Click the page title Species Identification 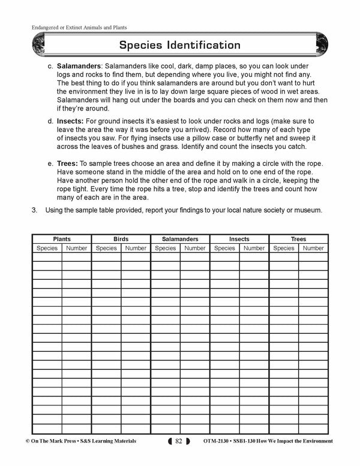click(179, 45)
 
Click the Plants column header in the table click(61, 239)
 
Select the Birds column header click(121, 239)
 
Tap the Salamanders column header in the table click(180, 239)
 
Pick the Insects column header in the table click(239, 239)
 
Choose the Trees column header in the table click(298, 239)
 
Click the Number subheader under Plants click(76, 248)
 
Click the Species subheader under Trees click(284, 248)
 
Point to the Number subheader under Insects click(254, 248)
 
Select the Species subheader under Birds click(106, 248)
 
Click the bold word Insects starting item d click(70, 121)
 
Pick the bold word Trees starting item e click(68, 163)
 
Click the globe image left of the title click(36, 45)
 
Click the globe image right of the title click(323, 45)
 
